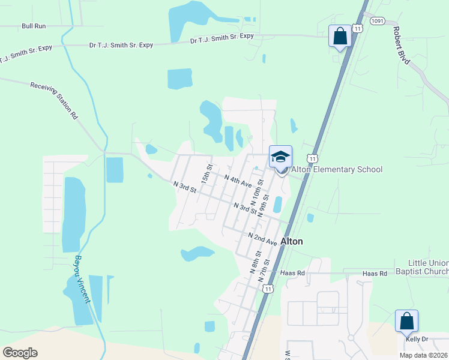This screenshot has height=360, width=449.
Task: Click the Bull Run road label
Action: click(x=34, y=26)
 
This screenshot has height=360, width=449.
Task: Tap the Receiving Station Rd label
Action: click(x=55, y=100)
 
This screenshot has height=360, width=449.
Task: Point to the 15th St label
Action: click(x=207, y=174)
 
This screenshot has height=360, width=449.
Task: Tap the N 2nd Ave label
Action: click(x=263, y=239)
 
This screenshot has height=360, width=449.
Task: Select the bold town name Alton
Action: click(x=292, y=241)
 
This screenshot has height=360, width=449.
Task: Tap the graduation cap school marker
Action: click(x=280, y=157)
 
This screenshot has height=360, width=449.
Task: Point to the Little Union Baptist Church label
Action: click(x=421, y=267)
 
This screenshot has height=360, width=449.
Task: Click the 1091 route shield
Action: click(x=377, y=20)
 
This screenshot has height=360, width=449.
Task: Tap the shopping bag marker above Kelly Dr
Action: click(x=406, y=321)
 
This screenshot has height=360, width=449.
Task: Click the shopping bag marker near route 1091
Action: click(x=340, y=36)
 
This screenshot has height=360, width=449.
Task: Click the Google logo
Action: click(x=20, y=353)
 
